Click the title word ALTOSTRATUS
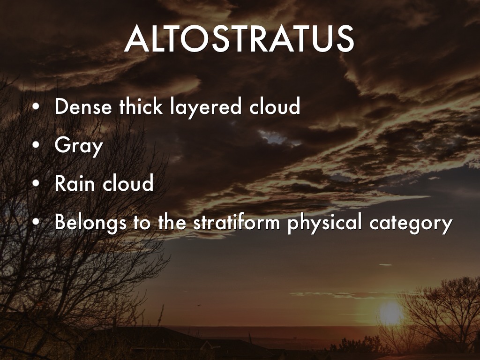239,38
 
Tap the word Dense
83,106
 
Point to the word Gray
78,146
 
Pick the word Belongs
90,223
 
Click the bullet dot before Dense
36,107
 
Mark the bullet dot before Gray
36,145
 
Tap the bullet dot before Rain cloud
36,183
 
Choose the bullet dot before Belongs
36,222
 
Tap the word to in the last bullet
142,223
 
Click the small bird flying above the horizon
199,305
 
